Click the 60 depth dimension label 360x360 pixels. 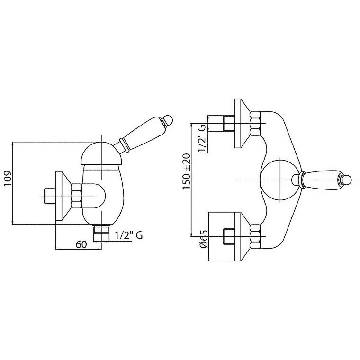[81, 244]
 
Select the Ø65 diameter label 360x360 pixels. [204, 239]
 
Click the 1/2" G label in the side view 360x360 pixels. [128, 235]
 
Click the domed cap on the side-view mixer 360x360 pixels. [101, 153]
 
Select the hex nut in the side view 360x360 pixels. [76, 196]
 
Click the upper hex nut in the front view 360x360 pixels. [255, 123]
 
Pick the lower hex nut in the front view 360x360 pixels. [255, 236]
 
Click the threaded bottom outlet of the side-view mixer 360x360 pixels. [101, 233]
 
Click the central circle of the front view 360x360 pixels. [280, 180]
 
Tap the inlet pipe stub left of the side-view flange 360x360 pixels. [50, 196]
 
